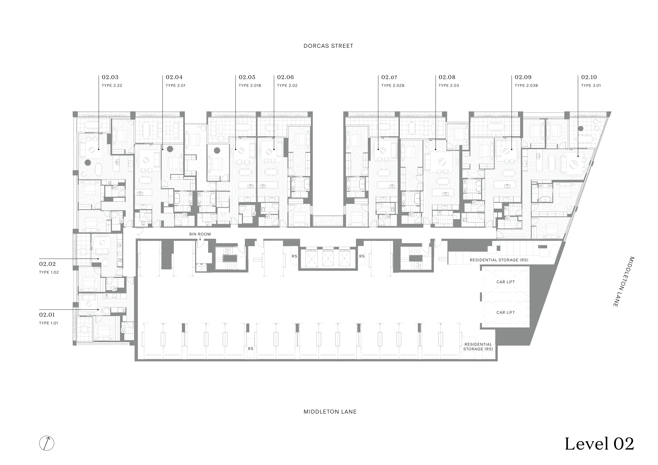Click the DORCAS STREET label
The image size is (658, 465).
click(328, 46)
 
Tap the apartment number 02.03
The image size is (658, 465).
click(110, 77)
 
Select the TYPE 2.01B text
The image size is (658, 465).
click(250, 85)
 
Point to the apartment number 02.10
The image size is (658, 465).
click(589, 77)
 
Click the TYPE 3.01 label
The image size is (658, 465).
click(591, 85)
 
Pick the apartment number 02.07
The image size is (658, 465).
click(389, 77)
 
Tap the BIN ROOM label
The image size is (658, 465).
click(200, 234)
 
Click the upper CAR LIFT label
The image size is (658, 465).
click(505, 282)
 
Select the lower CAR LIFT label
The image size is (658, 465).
click(505, 312)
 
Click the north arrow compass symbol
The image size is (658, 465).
click(47, 443)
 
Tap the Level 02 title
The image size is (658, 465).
click(599, 444)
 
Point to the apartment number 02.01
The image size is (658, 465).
click(47, 315)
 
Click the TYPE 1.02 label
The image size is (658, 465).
click(49, 272)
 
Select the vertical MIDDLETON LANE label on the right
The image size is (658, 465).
click(623, 282)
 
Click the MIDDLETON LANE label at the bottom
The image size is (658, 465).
click(330, 412)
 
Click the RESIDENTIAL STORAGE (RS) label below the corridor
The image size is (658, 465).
click(499, 260)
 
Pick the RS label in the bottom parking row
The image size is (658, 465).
click(251, 349)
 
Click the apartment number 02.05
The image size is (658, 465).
click(247, 77)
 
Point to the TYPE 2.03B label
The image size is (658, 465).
click(526, 85)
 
